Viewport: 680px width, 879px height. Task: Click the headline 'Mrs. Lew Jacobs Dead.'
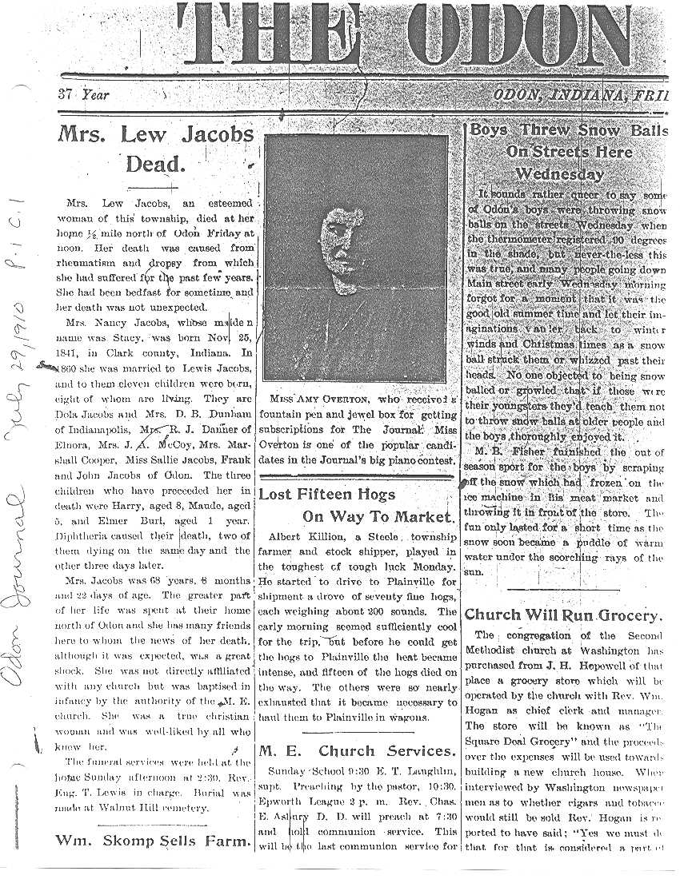[155, 149]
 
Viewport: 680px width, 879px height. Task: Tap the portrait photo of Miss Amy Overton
[355, 258]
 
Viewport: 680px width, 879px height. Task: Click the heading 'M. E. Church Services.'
[356, 751]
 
